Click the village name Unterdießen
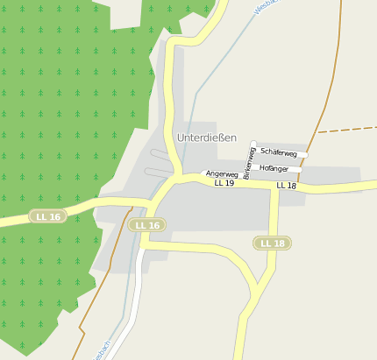click(x=206, y=138)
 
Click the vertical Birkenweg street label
click(x=249, y=163)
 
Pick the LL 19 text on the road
click(x=224, y=183)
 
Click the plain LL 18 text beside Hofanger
click(x=286, y=186)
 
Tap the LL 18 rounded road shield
click(x=272, y=243)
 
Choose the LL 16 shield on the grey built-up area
click(x=146, y=225)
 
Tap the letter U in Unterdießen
click(x=181, y=138)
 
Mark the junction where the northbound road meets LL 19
click(x=178, y=178)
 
